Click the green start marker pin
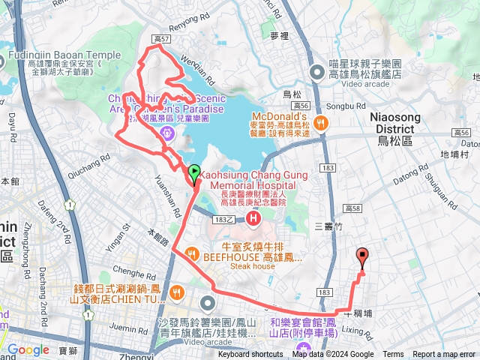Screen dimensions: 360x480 [194, 172]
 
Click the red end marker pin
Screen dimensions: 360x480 [363, 257]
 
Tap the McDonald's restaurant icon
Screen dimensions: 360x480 [320, 122]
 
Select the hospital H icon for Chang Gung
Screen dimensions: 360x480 [253, 219]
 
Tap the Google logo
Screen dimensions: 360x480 [28, 349]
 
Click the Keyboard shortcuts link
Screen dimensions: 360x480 [250, 355]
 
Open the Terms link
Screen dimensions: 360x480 [393, 355]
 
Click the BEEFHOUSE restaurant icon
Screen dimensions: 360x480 [192, 253]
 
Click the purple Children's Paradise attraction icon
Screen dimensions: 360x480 [166, 133]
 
